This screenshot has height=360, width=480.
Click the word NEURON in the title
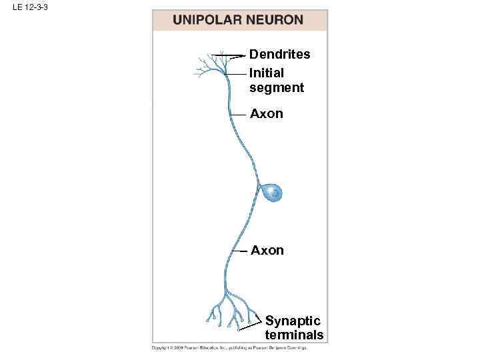coord(273,20)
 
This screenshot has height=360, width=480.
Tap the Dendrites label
coord(279,55)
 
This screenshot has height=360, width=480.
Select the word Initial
coord(267,73)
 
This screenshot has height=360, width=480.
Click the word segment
coord(276,87)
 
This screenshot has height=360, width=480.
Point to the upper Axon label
coord(266,114)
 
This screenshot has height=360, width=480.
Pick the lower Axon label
coord(267,251)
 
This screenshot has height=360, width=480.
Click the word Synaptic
coord(293,321)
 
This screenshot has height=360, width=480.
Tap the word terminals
coord(294,335)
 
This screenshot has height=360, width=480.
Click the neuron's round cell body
coord(271,193)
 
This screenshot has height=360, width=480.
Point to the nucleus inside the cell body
coord(273,194)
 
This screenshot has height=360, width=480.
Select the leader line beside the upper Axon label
coord(239,115)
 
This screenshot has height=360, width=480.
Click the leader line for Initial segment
coord(237,73)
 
